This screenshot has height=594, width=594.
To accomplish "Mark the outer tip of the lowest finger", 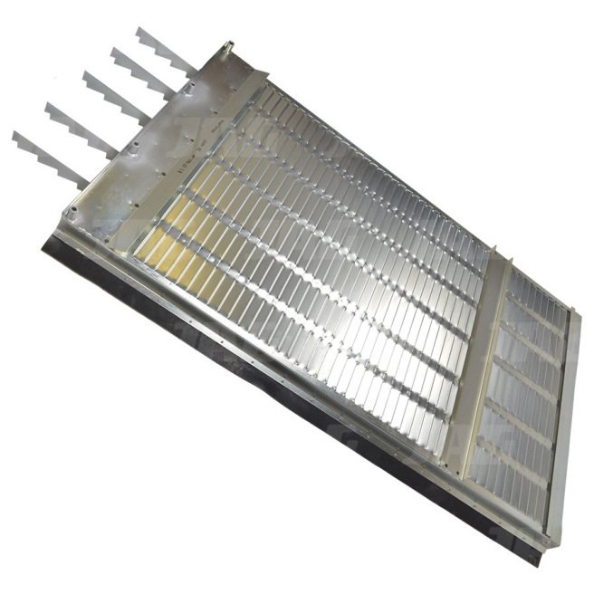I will (14, 136).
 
